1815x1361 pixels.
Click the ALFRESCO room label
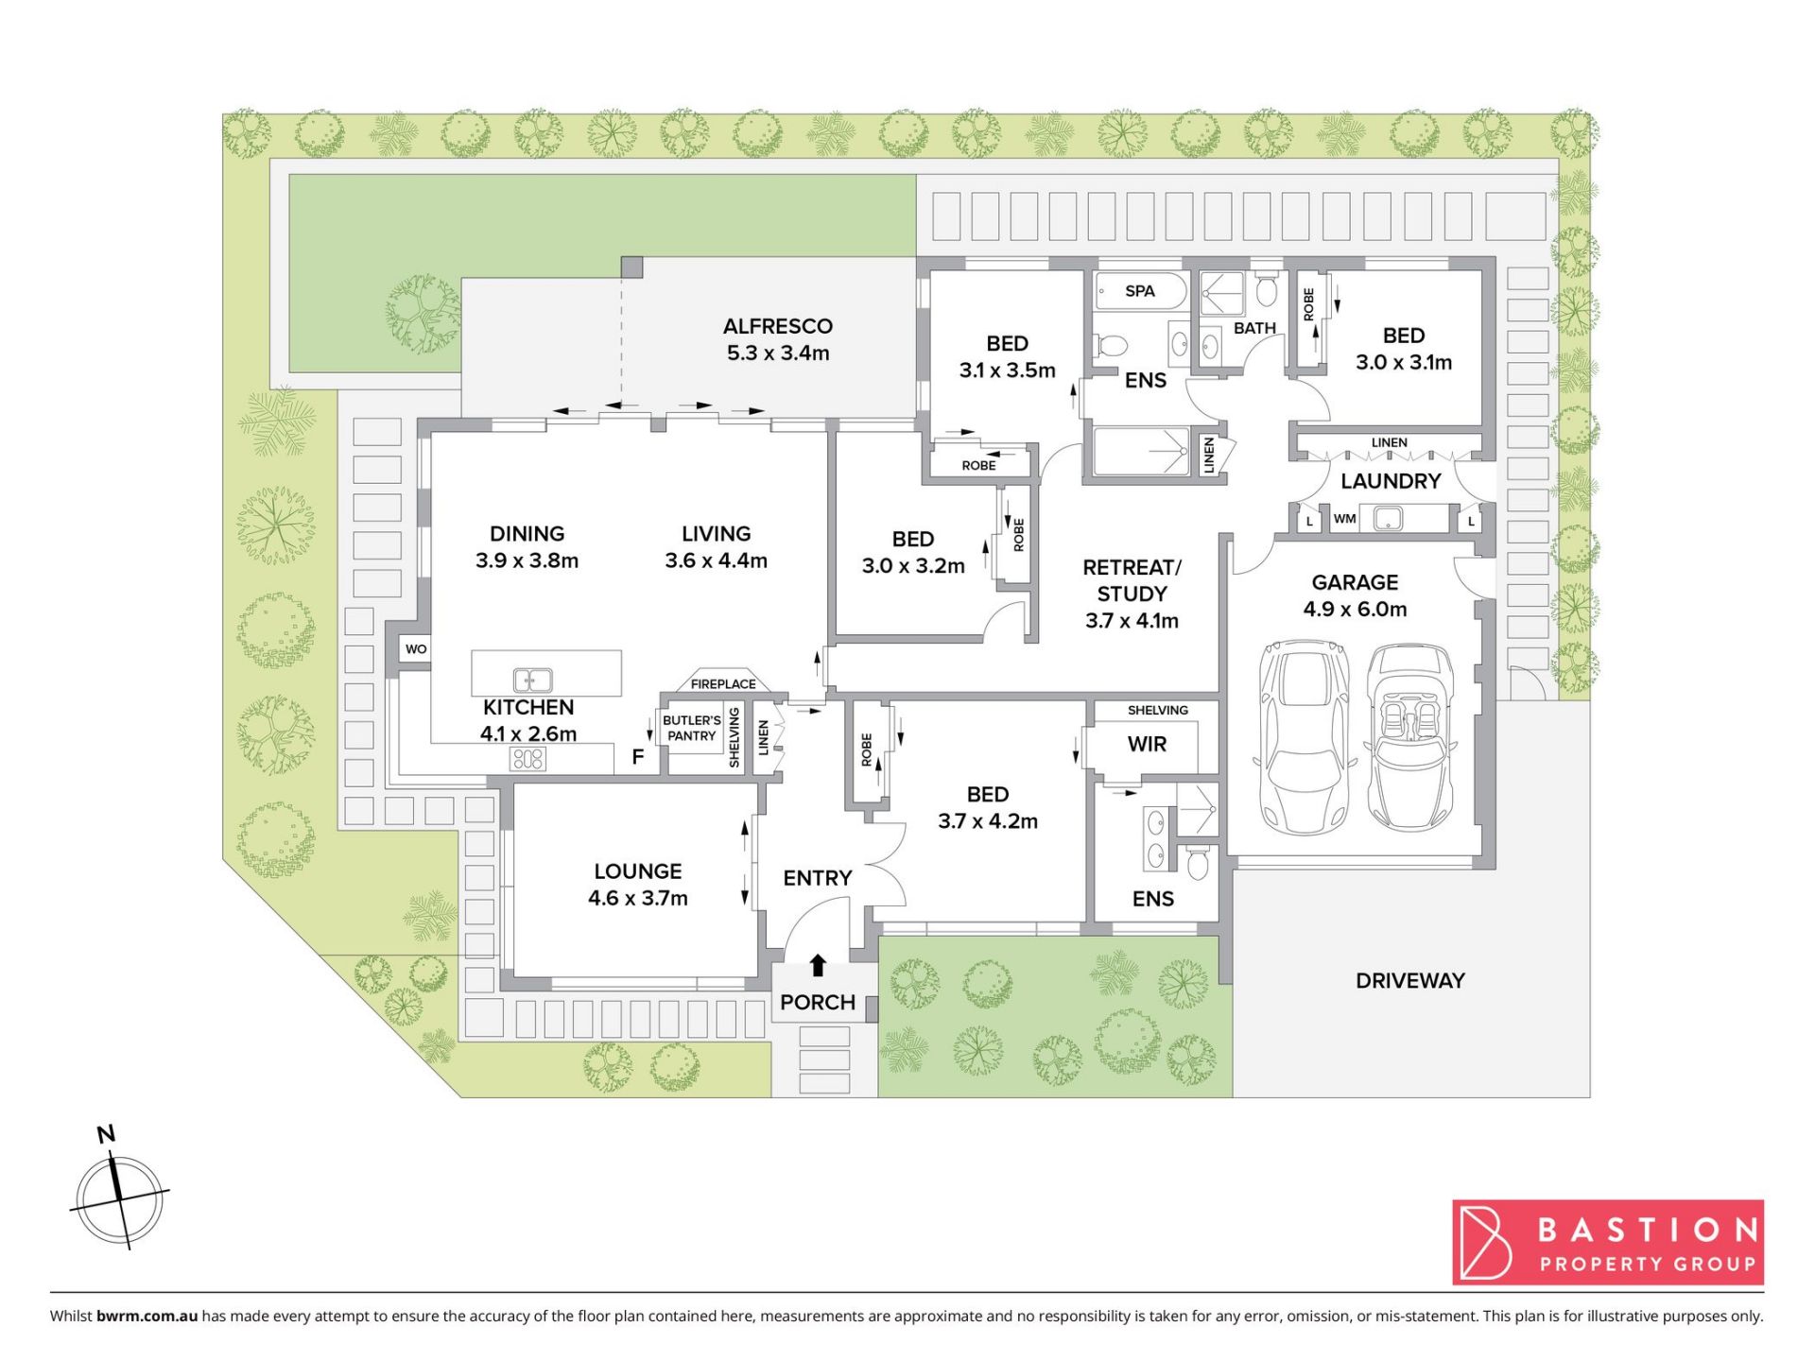pos(778,326)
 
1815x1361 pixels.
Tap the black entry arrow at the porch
pos(819,965)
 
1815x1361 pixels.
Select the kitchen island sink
pos(532,680)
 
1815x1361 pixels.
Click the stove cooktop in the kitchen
pos(527,758)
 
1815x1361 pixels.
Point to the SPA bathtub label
pos(1140,291)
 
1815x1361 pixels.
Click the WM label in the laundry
pos(1344,519)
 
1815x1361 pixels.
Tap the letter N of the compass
pos(107,1134)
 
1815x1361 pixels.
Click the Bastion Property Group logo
pos(1608,1243)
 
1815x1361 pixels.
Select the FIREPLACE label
pos(723,684)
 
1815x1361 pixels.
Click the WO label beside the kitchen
pos(416,649)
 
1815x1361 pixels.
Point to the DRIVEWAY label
pos(1410,981)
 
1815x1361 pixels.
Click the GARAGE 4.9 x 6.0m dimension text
pos(1355,610)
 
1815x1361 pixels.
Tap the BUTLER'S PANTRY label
pos(692,728)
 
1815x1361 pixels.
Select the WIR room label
pos(1147,745)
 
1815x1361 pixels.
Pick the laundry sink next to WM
pos(1387,518)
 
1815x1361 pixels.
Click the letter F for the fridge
pos(638,757)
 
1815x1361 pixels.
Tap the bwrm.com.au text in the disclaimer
pos(147,1316)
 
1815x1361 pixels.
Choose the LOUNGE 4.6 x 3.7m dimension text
pos(638,898)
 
